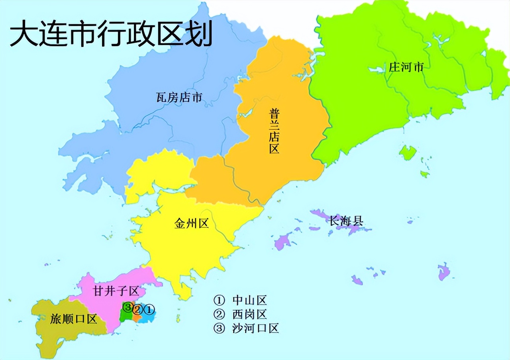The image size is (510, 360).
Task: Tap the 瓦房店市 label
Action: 179,97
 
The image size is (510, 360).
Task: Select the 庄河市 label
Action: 406,67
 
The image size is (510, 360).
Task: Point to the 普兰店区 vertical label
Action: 274,130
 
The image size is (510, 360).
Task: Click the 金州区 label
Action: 192,223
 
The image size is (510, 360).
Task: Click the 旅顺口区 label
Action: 74,319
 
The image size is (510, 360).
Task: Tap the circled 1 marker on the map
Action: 149,309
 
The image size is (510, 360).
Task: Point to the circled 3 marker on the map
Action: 127,307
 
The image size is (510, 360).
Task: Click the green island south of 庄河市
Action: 408,152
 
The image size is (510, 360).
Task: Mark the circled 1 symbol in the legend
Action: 219,300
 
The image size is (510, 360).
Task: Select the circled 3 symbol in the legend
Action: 219,328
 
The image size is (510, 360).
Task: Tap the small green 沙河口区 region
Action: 126,316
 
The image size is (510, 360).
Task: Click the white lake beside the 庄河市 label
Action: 377,70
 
